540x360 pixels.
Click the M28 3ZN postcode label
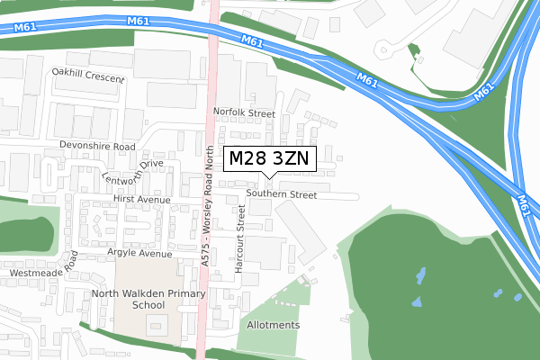pyautogui.click(x=269, y=159)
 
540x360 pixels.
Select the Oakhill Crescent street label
pyautogui.click(x=88, y=78)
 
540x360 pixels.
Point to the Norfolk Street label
pyautogui.click(x=244, y=113)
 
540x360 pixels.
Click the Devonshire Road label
pyautogui.click(x=97, y=146)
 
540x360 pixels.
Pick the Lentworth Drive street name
pyautogui.click(x=132, y=171)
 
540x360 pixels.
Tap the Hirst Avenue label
pyautogui.click(x=142, y=199)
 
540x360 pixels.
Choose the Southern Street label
pyautogui.click(x=281, y=193)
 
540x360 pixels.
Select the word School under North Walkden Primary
pyautogui.click(x=148, y=305)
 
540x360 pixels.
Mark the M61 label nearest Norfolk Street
pyautogui.click(x=253, y=40)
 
